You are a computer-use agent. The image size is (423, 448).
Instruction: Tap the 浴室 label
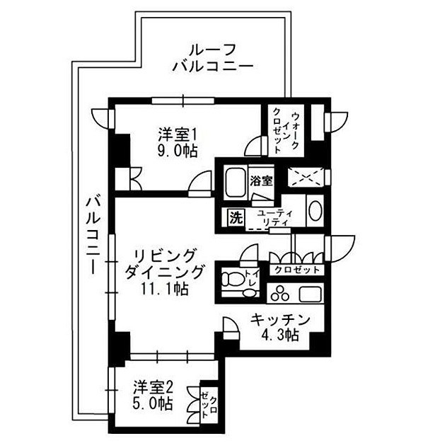point(261,180)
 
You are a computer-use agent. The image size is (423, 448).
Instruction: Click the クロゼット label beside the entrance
point(296,270)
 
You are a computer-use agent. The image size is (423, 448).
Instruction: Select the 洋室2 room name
point(155,387)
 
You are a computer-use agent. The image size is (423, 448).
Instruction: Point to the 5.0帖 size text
point(155,404)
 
